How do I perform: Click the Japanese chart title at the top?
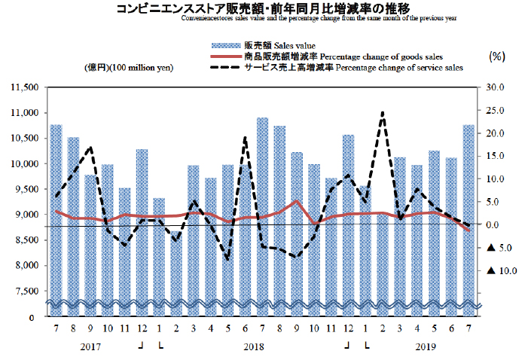(x=263, y=8)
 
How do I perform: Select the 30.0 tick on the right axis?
(x=496, y=87)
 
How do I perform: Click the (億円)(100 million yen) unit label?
(x=129, y=68)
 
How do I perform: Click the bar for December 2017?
(x=142, y=226)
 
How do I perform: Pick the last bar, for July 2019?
(x=468, y=211)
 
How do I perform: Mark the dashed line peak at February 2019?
(x=382, y=113)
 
